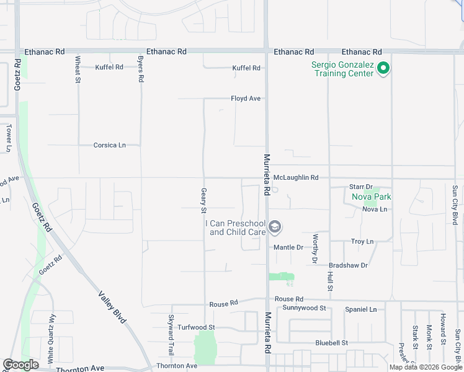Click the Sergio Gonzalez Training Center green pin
point(383,68)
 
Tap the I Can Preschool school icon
point(275,228)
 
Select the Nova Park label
point(372,197)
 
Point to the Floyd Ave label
point(246,99)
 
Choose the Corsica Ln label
point(109,145)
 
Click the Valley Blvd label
point(112,306)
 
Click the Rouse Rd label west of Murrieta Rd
point(224,304)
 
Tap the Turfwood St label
point(196,327)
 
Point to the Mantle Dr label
point(288,247)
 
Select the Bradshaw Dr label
point(348,265)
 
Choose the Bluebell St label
point(331,343)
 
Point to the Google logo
point(20,365)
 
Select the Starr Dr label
point(360,187)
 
